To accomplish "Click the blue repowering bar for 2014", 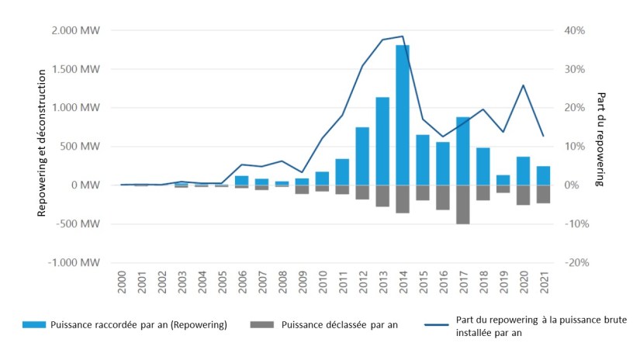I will pos(403,115).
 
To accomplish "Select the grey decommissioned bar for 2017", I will pos(463,204).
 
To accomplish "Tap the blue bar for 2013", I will pos(382,141).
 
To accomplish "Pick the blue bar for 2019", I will pos(503,180).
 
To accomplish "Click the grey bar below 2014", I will pos(403,199).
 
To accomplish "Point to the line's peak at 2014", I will pos(403,36).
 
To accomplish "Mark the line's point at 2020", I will pos(524,85).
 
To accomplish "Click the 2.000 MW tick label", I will pos(77,30).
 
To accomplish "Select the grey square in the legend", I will pos(265,325).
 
